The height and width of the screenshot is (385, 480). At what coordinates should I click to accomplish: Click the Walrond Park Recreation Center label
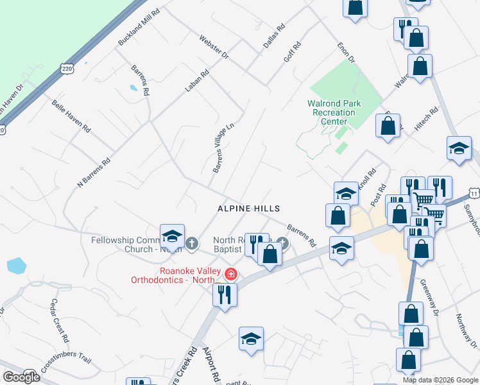(334, 112)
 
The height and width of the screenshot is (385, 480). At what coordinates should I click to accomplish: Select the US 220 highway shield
(67, 67)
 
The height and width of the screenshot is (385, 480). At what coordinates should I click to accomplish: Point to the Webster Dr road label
(214, 47)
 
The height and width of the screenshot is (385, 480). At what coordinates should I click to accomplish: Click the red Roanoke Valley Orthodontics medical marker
(230, 275)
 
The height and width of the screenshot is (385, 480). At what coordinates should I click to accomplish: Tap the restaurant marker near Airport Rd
(225, 295)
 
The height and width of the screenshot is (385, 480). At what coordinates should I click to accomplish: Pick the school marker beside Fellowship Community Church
(172, 236)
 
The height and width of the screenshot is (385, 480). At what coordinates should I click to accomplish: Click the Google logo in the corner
(21, 377)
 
